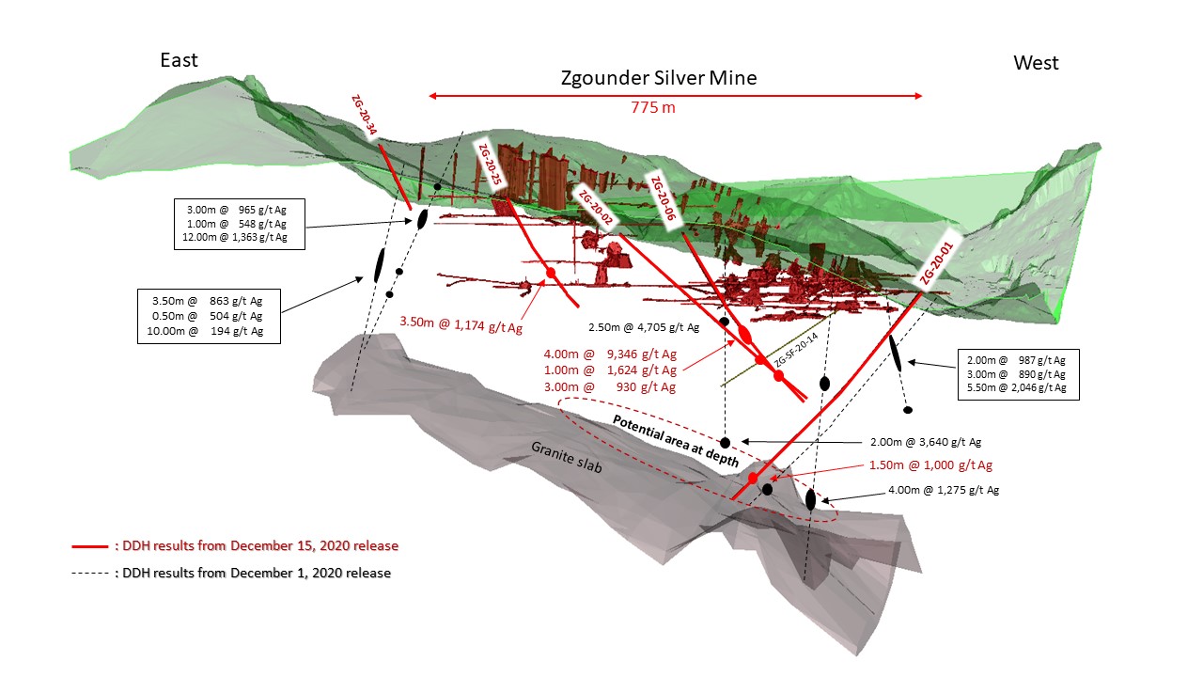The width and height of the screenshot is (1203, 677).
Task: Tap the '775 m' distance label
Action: point(653,107)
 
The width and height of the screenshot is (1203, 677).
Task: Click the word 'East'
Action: point(179,60)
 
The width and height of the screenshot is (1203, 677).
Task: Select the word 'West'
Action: point(1036,63)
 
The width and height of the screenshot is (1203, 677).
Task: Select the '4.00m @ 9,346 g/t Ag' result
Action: point(609,354)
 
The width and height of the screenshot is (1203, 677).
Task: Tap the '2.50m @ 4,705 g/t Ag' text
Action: point(644,327)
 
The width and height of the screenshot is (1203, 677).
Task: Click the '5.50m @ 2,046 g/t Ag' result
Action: point(1018,387)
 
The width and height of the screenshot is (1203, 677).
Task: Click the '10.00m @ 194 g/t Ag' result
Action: point(207,331)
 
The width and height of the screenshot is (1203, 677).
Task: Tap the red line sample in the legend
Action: point(90,545)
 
